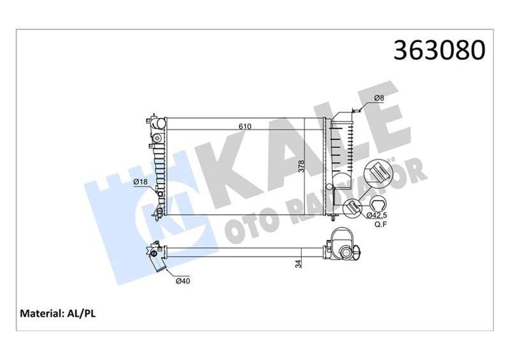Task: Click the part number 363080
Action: click(x=439, y=50)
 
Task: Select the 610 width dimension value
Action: click(x=245, y=126)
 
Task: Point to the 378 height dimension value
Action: click(x=301, y=166)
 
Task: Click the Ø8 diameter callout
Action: click(x=379, y=98)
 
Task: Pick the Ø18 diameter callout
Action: click(x=140, y=182)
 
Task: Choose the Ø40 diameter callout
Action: click(x=183, y=280)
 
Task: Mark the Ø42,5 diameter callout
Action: click(x=377, y=215)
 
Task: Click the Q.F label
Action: click(x=381, y=224)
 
